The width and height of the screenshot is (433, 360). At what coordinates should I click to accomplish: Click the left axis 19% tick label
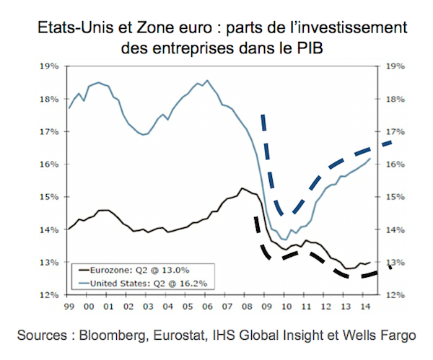click(48, 66)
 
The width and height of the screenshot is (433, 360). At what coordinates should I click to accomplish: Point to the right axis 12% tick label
click(398, 295)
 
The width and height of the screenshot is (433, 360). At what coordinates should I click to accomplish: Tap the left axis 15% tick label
click(48, 197)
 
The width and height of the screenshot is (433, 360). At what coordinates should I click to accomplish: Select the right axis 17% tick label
click(398, 132)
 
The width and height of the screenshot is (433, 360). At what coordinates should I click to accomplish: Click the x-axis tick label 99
click(70, 306)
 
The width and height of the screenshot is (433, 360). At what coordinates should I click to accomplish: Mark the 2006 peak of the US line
click(207, 80)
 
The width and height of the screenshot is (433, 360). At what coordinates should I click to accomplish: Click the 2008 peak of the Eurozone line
click(242, 188)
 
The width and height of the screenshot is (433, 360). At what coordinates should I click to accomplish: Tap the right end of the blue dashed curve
click(391, 141)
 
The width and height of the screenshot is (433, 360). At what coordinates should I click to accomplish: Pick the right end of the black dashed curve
click(391, 267)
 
